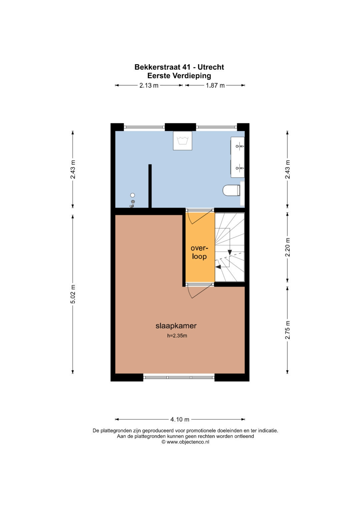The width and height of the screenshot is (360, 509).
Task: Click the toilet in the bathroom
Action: point(231,190)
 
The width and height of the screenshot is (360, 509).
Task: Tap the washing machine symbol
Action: point(183,141)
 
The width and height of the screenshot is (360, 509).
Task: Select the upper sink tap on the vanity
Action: point(240,146)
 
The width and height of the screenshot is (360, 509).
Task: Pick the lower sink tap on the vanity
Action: point(240,168)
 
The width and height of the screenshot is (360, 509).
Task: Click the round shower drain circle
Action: point(133,195)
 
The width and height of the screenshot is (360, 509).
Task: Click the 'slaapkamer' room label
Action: point(176,326)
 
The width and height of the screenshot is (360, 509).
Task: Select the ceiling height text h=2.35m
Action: point(177,336)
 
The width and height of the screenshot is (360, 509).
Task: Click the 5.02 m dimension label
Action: point(73,294)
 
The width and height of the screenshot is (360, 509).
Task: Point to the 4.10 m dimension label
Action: point(180,419)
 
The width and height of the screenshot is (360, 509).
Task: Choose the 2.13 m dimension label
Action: point(149,85)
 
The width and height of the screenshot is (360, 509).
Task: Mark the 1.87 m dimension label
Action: point(215,85)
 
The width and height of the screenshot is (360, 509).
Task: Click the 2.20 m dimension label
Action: point(287,247)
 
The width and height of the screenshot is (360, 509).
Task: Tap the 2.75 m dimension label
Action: point(287,329)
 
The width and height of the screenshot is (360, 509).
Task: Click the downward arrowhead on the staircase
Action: point(230,252)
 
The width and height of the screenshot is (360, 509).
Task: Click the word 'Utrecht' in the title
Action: point(211,67)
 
